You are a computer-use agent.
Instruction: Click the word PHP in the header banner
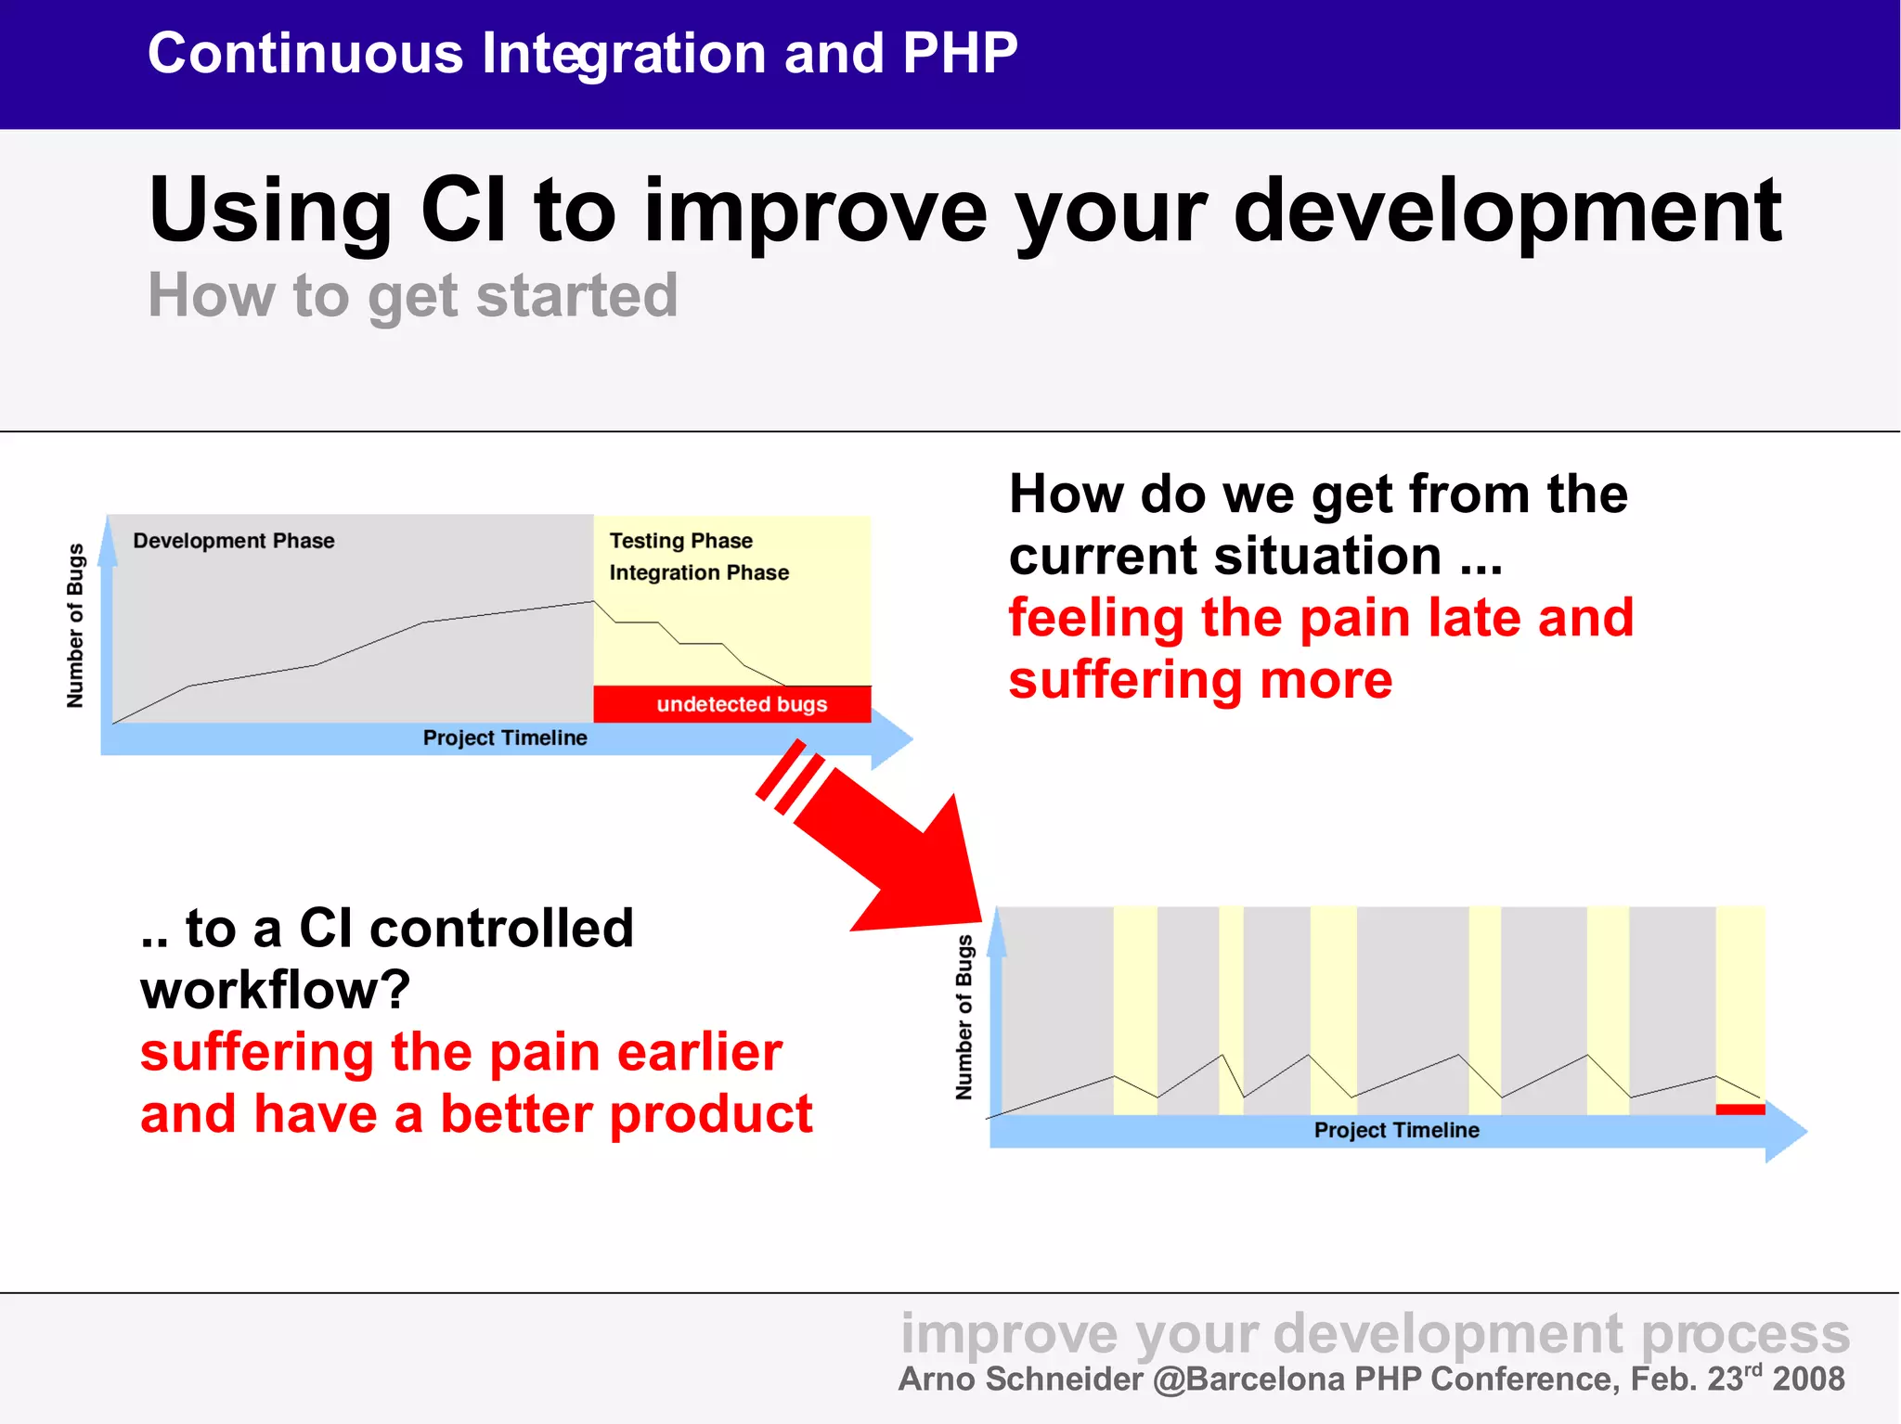click(960, 53)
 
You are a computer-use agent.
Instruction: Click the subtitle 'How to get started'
click(413, 296)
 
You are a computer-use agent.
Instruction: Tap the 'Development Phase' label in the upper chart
click(234, 541)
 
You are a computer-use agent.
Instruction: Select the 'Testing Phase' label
click(680, 541)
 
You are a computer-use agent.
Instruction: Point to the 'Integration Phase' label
click(699, 572)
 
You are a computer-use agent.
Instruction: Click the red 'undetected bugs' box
click(732, 704)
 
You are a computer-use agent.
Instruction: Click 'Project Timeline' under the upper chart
click(505, 738)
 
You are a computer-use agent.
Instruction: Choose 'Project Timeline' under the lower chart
click(1397, 1130)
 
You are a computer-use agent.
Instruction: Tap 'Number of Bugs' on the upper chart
click(75, 625)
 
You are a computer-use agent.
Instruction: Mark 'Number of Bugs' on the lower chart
click(964, 1018)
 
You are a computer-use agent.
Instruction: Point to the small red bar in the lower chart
click(1740, 1110)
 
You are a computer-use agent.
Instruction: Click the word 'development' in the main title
click(1507, 212)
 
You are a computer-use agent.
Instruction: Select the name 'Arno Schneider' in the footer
click(1020, 1379)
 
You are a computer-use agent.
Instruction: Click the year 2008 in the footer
click(1808, 1379)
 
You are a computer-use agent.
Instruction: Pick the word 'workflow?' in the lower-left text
click(276, 990)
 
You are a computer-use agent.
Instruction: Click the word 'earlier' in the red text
click(699, 1052)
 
